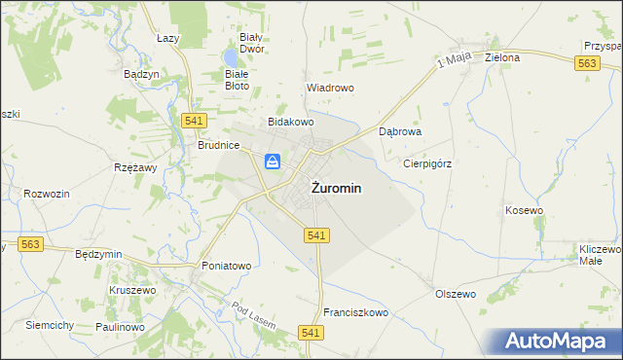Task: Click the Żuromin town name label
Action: (338, 190)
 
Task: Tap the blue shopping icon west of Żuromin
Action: (275, 162)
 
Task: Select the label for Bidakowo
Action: (291, 123)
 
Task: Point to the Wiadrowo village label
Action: (330, 88)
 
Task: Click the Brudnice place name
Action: (219, 144)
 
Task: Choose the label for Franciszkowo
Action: (356, 313)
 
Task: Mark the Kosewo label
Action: (524, 210)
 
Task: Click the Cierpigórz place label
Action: (427, 163)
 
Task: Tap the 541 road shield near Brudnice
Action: (192, 120)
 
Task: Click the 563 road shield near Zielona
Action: (586, 63)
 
